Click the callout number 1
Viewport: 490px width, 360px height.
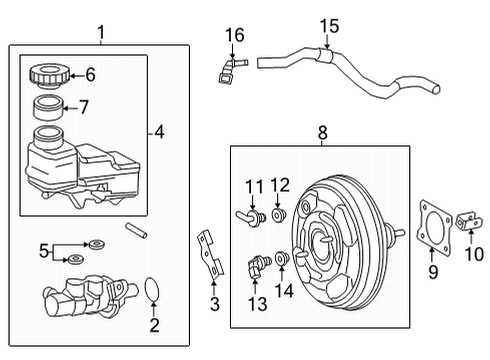click(100, 34)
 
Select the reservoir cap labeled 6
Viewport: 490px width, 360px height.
click(45, 75)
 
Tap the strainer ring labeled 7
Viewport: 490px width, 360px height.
click(46, 108)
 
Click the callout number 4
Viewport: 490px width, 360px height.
click(159, 131)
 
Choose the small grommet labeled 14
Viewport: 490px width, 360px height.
click(284, 261)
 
